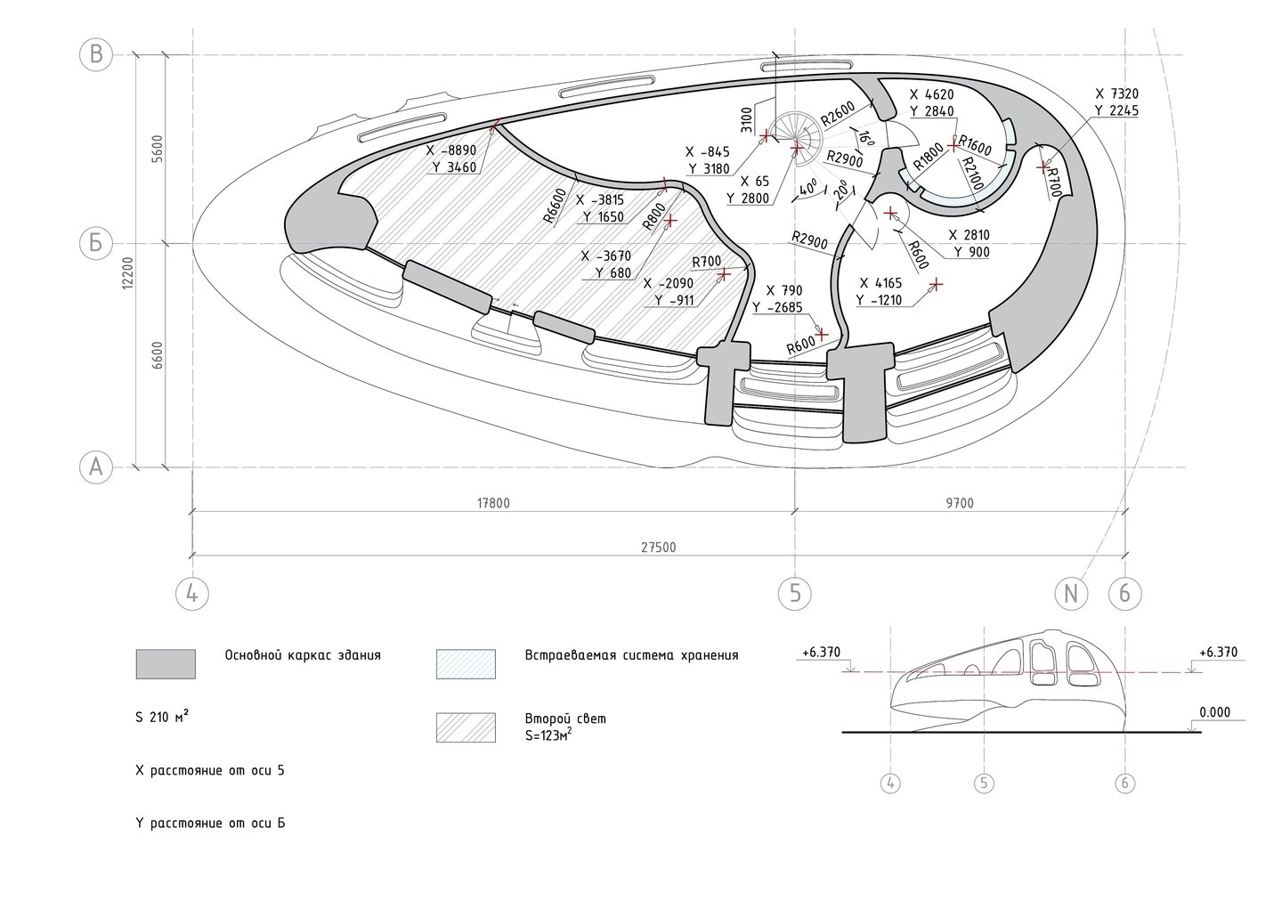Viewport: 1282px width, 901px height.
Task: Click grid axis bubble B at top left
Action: point(95,55)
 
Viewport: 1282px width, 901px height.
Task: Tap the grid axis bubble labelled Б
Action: point(95,243)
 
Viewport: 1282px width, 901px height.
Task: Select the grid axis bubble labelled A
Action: point(95,467)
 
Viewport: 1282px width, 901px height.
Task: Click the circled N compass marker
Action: point(1071,594)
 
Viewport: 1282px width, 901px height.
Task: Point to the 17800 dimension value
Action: point(493,503)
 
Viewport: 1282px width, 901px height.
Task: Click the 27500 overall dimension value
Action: point(658,548)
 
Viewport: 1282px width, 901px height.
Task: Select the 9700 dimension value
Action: point(960,503)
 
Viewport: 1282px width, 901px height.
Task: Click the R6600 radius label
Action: point(555,206)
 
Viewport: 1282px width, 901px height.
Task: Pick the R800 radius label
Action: point(653,216)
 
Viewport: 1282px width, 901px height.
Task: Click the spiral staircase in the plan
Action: point(795,139)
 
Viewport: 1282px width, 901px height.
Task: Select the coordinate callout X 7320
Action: point(1116,93)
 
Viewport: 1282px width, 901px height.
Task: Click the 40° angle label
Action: point(808,189)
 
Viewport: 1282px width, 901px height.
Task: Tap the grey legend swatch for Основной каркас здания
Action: point(166,664)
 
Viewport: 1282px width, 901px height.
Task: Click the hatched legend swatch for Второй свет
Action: point(466,727)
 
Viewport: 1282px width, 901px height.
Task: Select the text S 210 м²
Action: point(162,717)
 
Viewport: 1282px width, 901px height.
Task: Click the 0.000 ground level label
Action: point(1214,712)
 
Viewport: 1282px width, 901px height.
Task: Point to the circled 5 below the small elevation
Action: point(984,783)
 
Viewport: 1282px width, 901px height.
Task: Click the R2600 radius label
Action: point(838,113)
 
